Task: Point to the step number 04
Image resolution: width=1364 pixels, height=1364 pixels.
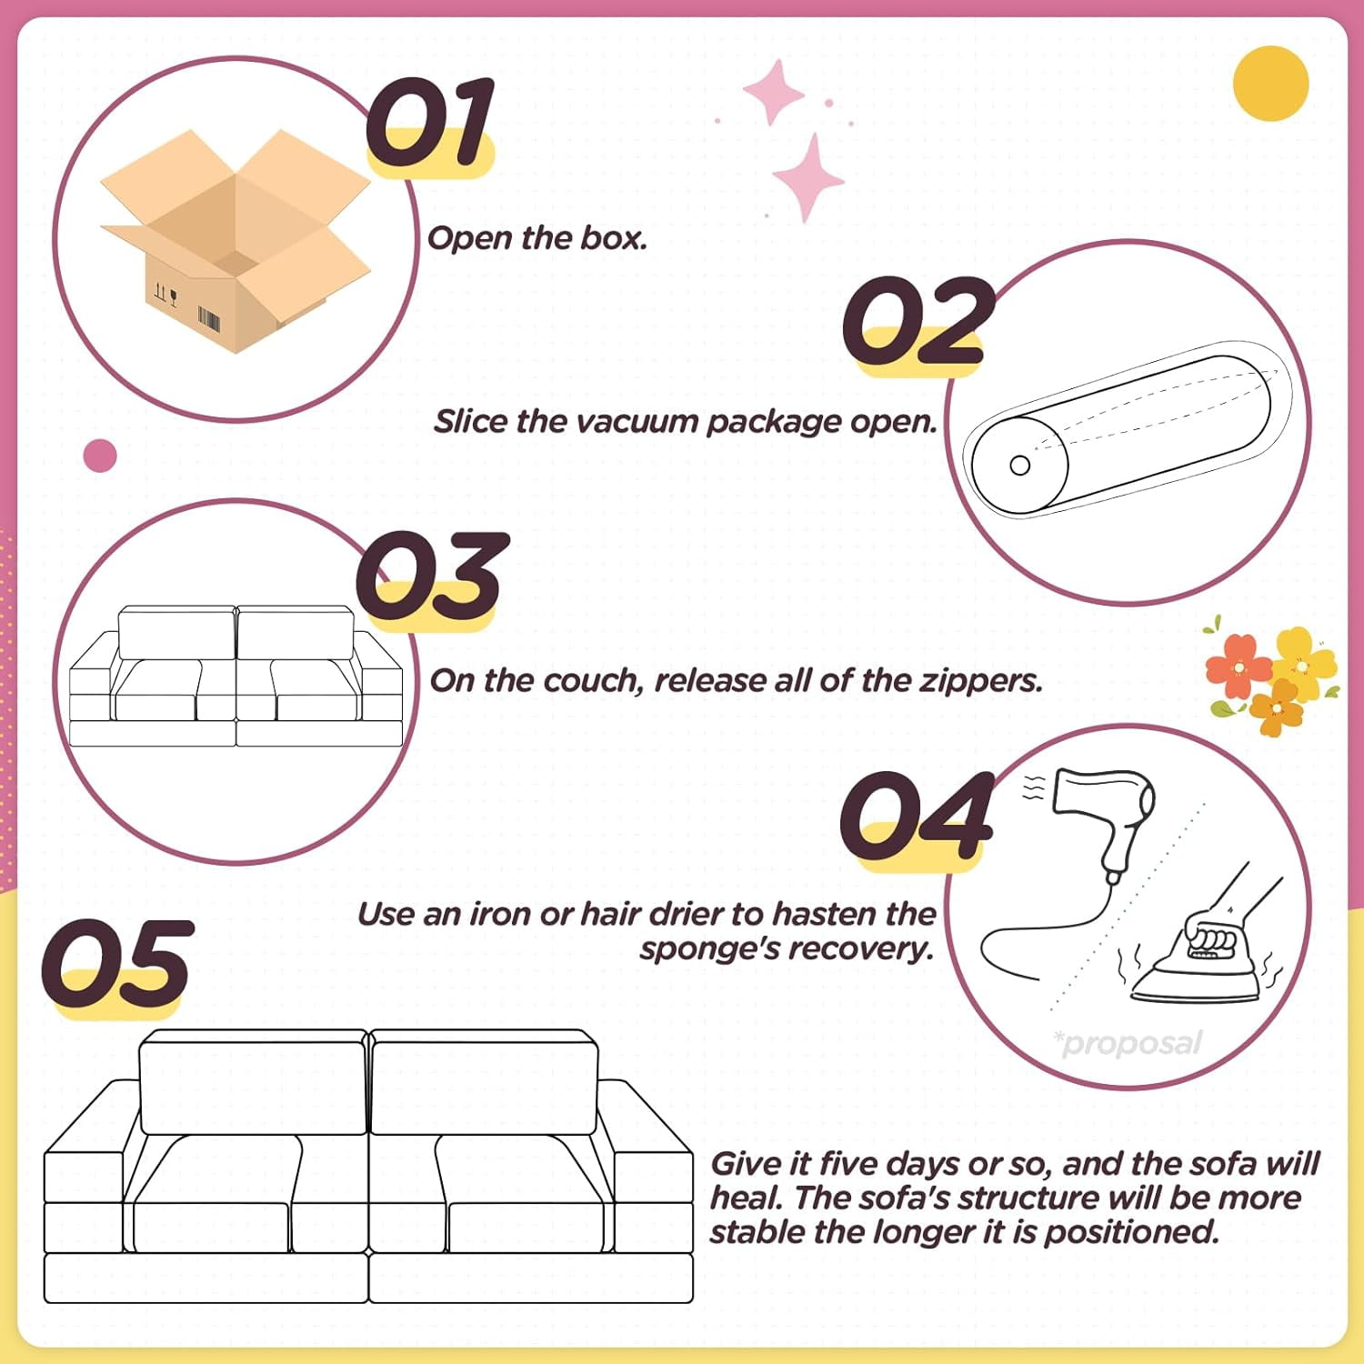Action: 917,816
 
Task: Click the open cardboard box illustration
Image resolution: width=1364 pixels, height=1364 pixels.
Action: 236,240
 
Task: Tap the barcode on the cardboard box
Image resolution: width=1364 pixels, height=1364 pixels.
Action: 209,320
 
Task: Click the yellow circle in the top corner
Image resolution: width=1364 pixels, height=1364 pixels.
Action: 1270,83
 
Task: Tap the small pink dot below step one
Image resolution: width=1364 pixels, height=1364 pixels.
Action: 100,456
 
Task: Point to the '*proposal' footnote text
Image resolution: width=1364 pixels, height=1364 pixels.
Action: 1128,1043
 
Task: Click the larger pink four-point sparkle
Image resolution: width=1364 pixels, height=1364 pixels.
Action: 807,178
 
